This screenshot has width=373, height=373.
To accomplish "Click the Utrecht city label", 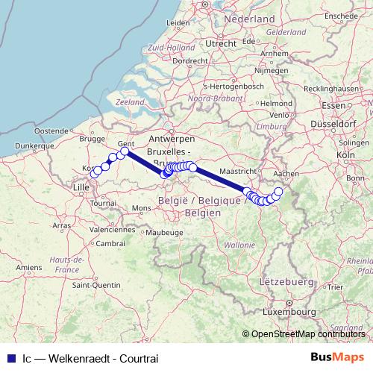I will click(221, 44).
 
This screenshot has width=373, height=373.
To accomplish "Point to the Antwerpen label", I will click(172, 140).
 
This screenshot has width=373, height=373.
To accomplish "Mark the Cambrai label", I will click(110, 243).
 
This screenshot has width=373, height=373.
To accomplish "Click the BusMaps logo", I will click(338, 357).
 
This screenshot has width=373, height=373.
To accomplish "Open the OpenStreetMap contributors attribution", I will click(308, 333).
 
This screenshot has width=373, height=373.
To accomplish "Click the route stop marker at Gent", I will click(125, 151).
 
